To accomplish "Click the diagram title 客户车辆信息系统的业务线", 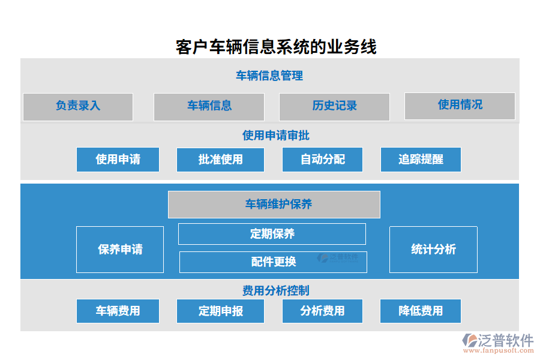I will coord(276,47).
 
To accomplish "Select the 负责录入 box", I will coord(78,106).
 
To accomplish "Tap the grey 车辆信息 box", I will coord(209,106).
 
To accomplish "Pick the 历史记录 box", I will coord(334,106).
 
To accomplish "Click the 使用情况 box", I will coord(460,105).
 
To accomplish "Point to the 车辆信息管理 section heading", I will coord(269,76).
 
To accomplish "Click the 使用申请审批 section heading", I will coord(275,136).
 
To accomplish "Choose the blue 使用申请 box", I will coord(118,160).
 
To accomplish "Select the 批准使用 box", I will coord(220,160).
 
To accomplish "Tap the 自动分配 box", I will coord(322,160).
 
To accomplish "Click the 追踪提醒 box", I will coord(421,160).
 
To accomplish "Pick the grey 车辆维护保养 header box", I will coord(274,205).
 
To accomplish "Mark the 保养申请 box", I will coord(120,250).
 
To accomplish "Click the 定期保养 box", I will coord(272,234).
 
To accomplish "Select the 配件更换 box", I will coord(273,262).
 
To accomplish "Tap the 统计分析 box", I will coord(433,250).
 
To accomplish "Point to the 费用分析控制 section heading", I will coord(275,291).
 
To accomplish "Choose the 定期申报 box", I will coord(220,311).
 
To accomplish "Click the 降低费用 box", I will coord(421,311).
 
